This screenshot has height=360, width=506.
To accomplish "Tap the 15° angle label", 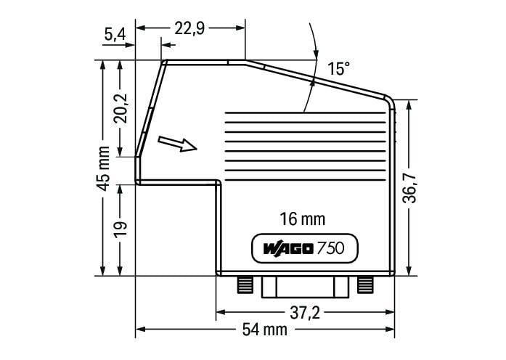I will point(338,69).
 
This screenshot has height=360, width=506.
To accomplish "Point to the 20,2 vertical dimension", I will point(121,108).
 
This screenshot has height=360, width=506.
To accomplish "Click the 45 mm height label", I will point(103,168).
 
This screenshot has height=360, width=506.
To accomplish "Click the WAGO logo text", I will point(287,249).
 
